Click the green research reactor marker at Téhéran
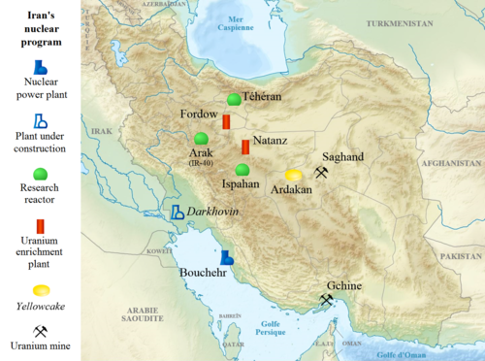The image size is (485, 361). coord(234,100)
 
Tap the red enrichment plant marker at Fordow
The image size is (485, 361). coord(226,122)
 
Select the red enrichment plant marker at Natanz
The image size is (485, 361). coord(245,148)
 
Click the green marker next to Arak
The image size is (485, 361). coord(201,138)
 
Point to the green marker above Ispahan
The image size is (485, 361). coord(242,170)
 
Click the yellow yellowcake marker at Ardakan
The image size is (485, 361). coord(293,175)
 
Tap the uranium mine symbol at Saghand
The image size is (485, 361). coord(321,173)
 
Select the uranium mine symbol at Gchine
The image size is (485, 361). coord(327,300)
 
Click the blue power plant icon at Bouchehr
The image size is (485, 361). coord(227,257)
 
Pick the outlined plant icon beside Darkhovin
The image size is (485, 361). coord(178,212)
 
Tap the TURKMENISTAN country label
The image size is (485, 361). coord(383,49)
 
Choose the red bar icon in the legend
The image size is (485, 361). coord(40,225)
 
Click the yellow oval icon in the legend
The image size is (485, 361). coord(40,290)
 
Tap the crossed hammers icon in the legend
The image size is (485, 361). coord(40,330)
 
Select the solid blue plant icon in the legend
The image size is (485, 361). coord(40,67)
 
